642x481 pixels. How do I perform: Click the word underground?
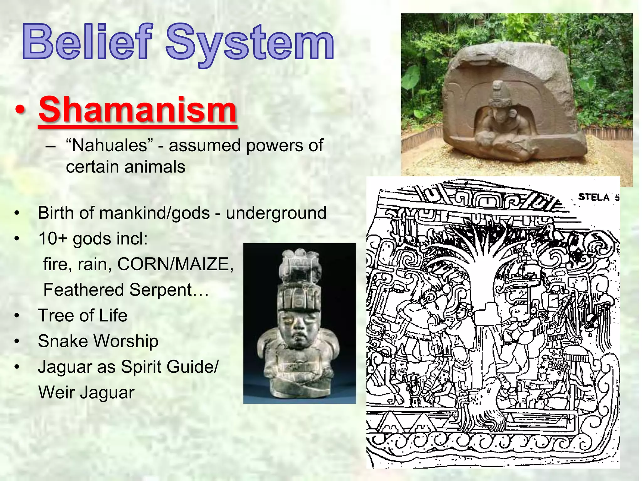click(x=276, y=213)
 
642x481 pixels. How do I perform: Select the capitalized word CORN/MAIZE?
click(x=175, y=264)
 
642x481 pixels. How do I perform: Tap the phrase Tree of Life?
click(x=82, y=315)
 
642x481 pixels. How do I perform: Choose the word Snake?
click(x=62, y=341)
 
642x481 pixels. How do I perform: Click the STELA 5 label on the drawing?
click(x=598, y=197)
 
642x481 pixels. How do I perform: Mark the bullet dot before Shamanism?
click(x=20, y=111)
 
